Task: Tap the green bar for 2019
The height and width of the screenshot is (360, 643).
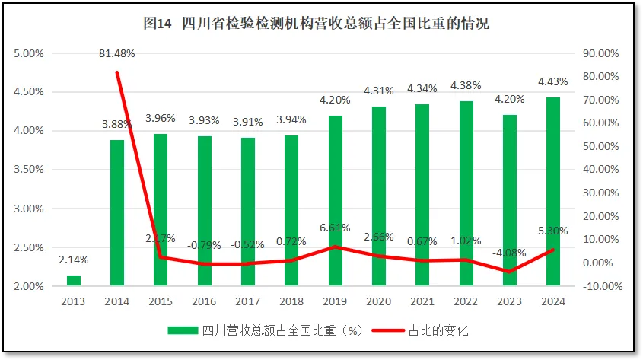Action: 335,201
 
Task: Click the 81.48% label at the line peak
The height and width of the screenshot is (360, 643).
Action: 117,53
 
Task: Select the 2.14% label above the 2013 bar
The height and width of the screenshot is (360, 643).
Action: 74,260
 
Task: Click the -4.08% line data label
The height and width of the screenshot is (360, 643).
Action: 509,253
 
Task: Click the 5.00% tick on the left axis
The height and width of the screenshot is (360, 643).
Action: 30,53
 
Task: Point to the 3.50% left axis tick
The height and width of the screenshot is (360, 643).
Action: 30,170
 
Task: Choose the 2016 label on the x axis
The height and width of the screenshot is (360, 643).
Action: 204,301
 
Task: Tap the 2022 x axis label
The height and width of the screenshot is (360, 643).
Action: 466,301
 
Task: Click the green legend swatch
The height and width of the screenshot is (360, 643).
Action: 183,330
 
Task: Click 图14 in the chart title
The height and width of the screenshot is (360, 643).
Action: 158,24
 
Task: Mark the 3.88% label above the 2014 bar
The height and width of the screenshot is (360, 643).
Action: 117,124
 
